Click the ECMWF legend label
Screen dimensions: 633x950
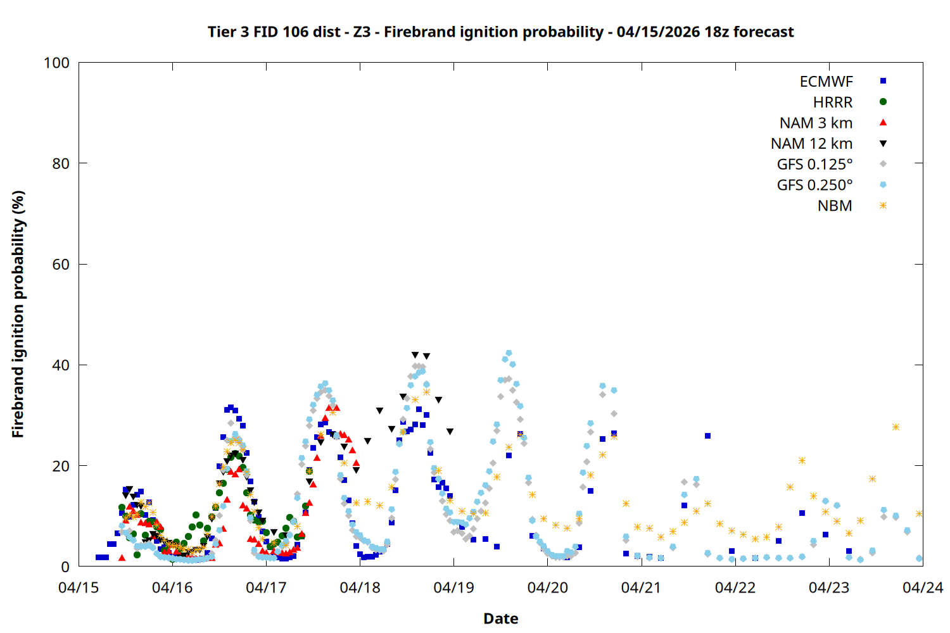point(826,82)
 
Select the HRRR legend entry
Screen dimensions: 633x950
point(833,103)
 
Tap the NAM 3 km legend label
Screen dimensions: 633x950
point(816,123)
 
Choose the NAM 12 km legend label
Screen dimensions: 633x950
point(811,144)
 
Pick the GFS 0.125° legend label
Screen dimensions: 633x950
point(814,165)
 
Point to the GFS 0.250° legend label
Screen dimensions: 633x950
point(814,185)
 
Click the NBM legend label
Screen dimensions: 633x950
point(835,206)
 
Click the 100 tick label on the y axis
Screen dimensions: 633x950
point(56,63)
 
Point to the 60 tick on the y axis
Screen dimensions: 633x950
point(61,265)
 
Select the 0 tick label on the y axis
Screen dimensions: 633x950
point(65,567)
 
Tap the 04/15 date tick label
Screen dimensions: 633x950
point(79,588)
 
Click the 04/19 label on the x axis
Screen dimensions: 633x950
point(453,588)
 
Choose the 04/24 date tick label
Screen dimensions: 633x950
point(922,588)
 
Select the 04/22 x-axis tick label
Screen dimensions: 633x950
point(735,588)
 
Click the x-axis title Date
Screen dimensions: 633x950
point(500,618)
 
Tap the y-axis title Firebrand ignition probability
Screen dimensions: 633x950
point(18,314)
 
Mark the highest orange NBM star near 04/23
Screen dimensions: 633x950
point(896,427)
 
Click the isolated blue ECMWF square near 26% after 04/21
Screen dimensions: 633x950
point(707,436)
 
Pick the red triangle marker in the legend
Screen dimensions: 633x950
point(883,123)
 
